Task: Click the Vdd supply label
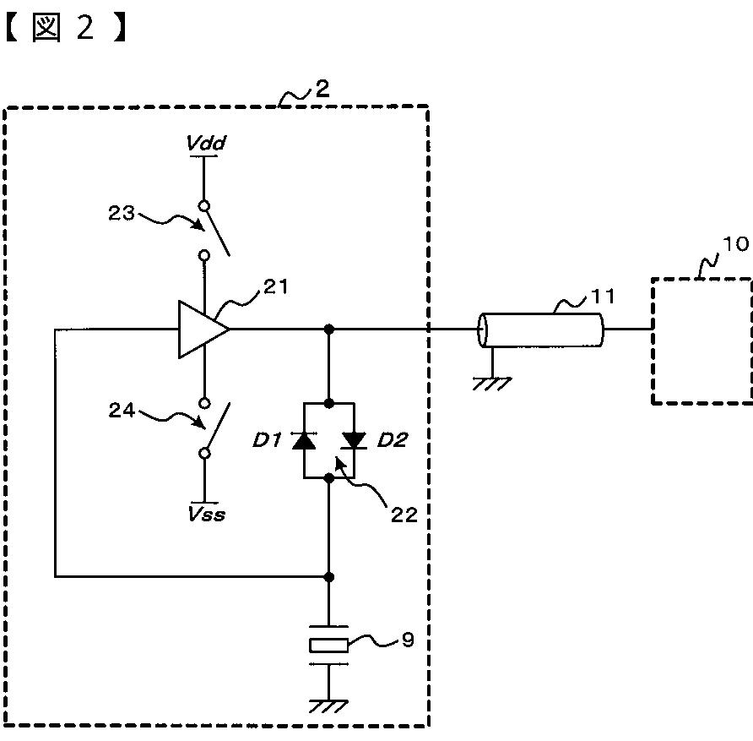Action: coord(206,143)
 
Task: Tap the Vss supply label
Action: coord(207,514)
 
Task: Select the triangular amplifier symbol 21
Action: coord(203,330)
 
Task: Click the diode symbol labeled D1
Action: coord(304,439)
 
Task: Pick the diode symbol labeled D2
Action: coord(355,439)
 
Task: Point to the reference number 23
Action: coord(121,213)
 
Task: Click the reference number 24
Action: coord(122,410)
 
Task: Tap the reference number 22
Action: coord(404,515)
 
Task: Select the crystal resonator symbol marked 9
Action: coord(328,646)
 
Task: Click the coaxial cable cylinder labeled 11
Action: coord(541,330)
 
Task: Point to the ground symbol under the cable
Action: coord(492,384)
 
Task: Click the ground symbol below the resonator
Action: coord(328,706)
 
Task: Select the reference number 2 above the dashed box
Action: coord(322,89)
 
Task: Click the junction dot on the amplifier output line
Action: coord(329,330)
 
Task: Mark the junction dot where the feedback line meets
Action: coord(329,576)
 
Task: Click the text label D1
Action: coord(267,439)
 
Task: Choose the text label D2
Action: coord(393,439)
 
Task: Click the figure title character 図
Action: coord(46,27)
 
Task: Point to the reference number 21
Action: coord(276,287)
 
